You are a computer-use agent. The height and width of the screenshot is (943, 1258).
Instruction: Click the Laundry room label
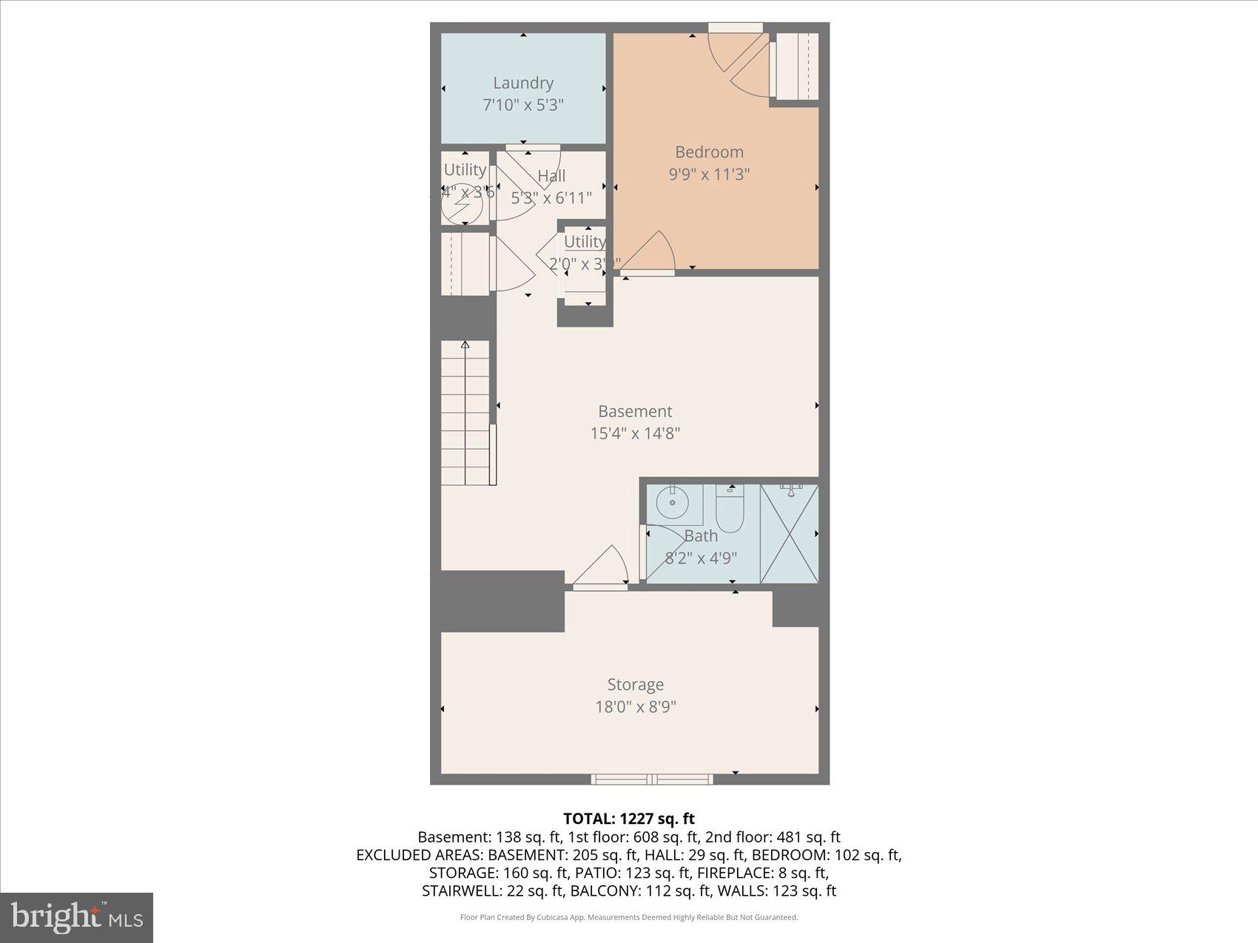coord(523,83)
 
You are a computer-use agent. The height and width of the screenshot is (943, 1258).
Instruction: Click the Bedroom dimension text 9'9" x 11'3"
coord(709,175)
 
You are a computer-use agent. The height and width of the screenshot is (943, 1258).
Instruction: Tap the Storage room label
coord(635,684)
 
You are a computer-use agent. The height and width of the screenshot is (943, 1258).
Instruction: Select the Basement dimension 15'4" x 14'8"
coord(635,433)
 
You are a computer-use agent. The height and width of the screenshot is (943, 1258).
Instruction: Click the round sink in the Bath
coord(673,507)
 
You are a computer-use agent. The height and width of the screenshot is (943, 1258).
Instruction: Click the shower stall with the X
coord(790,533)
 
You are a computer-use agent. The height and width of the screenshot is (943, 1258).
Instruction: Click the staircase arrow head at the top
coord(465,345)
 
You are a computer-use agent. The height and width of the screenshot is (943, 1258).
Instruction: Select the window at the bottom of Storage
coord(652,779)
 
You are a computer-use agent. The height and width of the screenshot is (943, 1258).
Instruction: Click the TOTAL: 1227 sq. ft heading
coord(629,818)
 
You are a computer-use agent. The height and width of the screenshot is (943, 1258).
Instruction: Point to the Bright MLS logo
coord(77,918)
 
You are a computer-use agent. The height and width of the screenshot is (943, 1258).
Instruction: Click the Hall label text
coord(551,176)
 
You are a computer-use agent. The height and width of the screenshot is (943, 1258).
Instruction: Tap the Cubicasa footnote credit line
coord(629,917)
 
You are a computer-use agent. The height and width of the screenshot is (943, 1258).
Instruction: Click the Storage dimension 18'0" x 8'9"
coord(635,707)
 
